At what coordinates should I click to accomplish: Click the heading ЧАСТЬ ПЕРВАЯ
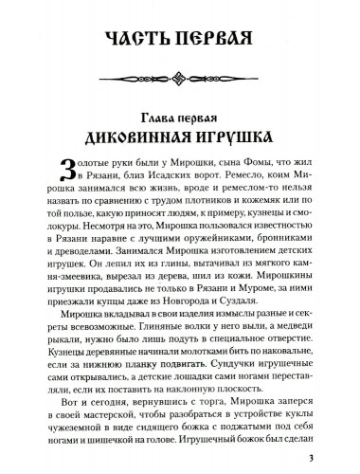pyautogui.click(x=179, y=39)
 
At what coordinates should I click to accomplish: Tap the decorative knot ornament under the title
pyautogui.click(x=179, y=71)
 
